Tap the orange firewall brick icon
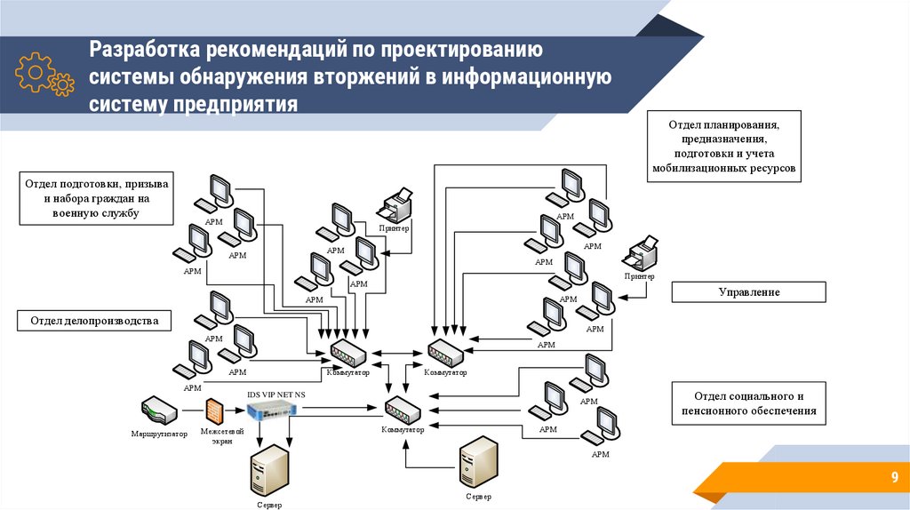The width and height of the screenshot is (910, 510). pyautogui.click(x=214, y=410)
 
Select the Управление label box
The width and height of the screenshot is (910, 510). pyautogui.click(x=748, y=291)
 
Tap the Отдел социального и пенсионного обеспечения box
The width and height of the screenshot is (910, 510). pyautogui.click(x=748, y=403)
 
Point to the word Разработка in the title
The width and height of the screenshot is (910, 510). pyautogui.click(x=145, y=49)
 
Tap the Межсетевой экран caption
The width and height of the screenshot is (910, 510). pyautogui.click(x=217, y=435)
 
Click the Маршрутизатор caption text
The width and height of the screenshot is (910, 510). pyautogui.click(x=159, y=434)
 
